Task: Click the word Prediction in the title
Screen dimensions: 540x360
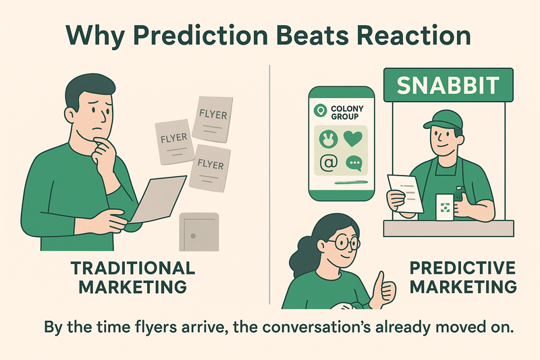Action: click(200, 36)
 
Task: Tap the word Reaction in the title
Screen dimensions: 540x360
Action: click(410, 35)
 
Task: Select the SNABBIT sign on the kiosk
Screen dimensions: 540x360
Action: click(448, 85)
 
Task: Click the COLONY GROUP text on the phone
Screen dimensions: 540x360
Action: click(347, 113)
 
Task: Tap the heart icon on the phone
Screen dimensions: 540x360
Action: click(353, 138)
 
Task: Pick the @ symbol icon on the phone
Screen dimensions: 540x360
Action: click(329, 162)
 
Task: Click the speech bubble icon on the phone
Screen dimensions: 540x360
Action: click(354, 163)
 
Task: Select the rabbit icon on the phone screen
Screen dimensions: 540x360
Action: click(328, 138)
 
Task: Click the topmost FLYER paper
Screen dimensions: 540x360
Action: click(213, 119)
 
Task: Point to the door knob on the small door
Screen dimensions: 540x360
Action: click(193, 236)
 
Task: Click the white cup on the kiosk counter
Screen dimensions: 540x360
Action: click(445, 207)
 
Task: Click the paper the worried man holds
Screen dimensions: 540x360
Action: click(158, 199)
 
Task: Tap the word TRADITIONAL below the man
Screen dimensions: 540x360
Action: click(133, 268)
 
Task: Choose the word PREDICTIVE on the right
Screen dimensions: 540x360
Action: click(462, 267)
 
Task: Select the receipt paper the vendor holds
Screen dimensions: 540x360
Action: click(406, 194)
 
